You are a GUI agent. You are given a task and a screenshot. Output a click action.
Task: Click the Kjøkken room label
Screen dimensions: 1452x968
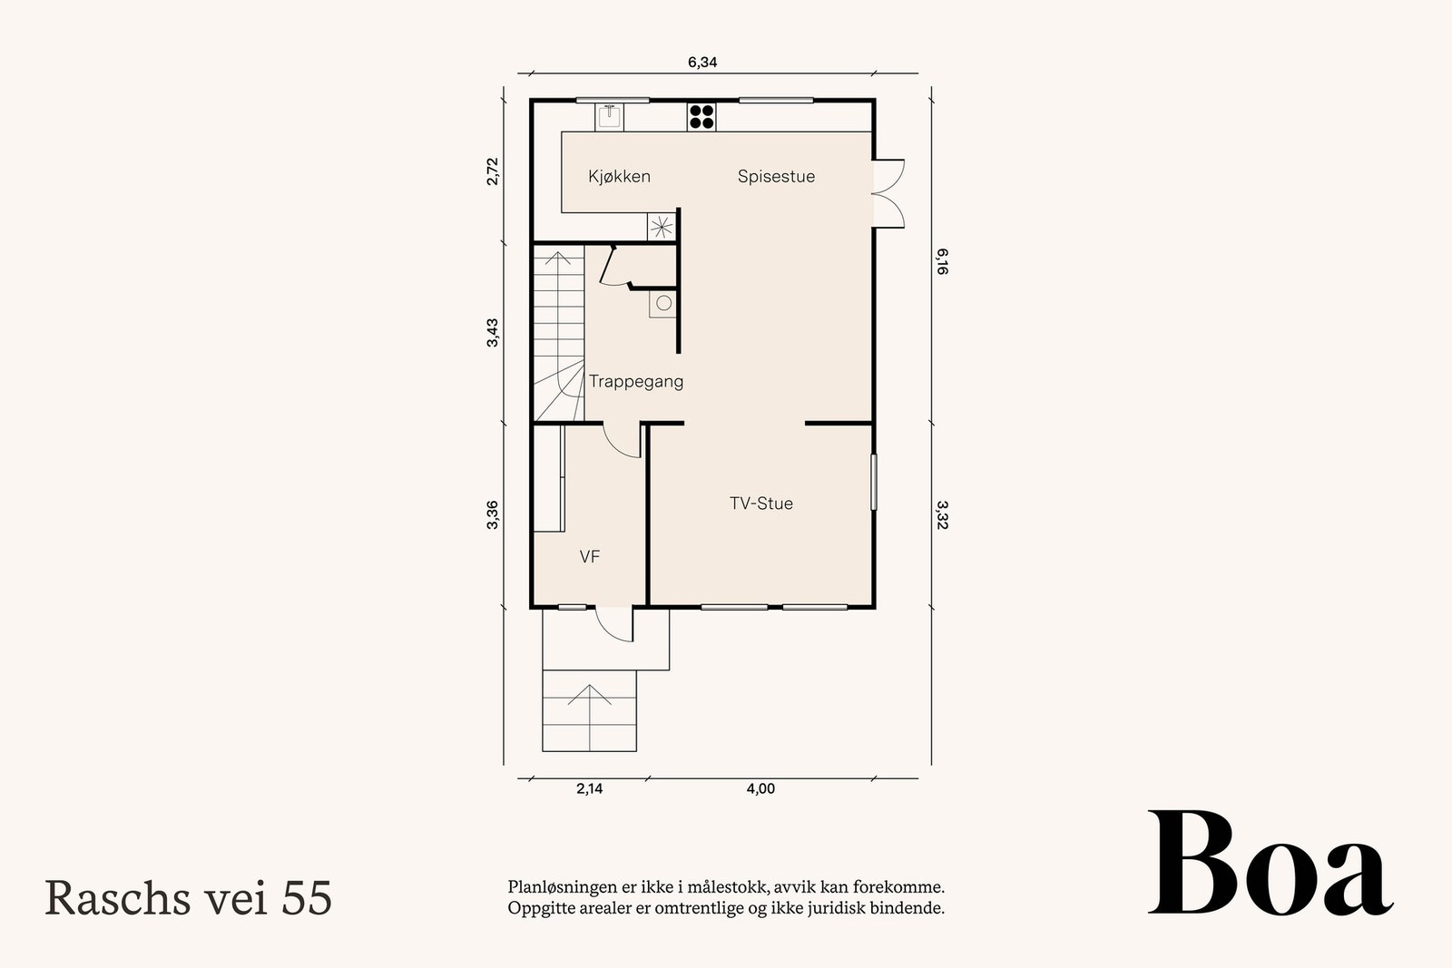point(619,176)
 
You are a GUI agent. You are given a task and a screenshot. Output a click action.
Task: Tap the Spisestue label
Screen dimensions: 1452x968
point(776,176)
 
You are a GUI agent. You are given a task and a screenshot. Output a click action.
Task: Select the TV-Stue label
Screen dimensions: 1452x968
point(761,504)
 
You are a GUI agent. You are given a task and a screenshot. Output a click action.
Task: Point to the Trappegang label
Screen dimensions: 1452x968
point(636,382)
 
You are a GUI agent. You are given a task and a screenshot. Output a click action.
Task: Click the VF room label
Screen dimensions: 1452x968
point(589,556)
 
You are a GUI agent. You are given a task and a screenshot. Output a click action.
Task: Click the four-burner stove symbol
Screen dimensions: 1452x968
point(701,117)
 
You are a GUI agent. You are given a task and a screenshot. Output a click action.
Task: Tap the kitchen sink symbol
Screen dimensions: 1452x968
point(609,117)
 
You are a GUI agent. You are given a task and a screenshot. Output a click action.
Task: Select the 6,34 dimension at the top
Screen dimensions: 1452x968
point(702,63)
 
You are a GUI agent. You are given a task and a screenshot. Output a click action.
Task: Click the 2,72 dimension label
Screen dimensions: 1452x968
point(493,171)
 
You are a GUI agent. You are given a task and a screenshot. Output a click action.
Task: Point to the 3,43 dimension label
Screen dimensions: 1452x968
point(493,332)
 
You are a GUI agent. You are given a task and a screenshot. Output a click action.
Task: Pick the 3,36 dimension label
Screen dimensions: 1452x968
point(493,514)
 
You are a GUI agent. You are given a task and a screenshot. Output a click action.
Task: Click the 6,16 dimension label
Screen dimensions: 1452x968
point(943,262)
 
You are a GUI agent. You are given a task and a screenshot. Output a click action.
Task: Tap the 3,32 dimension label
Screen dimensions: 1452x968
point(943,515)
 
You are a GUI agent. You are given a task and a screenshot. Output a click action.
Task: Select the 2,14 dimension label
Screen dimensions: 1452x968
point(590,788)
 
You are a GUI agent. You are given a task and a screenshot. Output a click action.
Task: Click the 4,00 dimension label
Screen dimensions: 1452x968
point(761,788)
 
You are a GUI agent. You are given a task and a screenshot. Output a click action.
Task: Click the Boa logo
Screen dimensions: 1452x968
point(1270,863)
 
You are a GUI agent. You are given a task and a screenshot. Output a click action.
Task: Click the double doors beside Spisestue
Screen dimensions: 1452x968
point(888,193)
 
